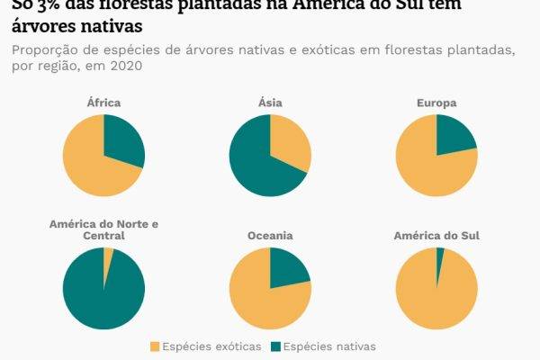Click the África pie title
pos(103,103)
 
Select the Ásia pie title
pos(270,103)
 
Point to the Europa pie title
pos(436,103)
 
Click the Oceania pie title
pos(270,236)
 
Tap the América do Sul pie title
pos(436,236)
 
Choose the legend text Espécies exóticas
pos(212,346)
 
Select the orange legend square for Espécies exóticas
pos(156,346)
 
